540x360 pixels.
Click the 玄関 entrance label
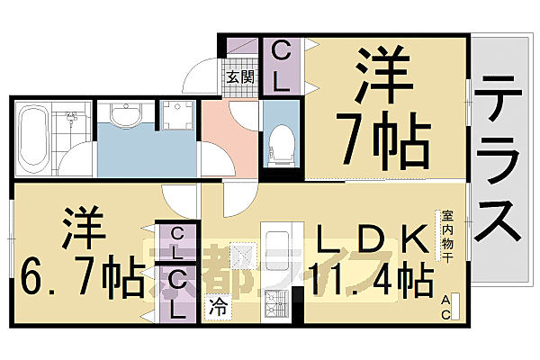tap(238, 77)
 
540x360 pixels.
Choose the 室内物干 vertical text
tap(446, 236)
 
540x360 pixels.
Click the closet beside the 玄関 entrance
tap(280, 66)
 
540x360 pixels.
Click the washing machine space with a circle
tap(176, 116)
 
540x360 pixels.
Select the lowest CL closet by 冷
tap(178, 293)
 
